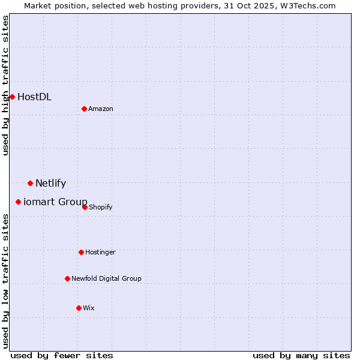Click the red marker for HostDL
pos(12,97)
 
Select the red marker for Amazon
pos(84,109)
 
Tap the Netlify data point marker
pos(30,183)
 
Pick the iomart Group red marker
pos(18,202)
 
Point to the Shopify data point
pos(85,207)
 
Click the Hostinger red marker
pos(81,252)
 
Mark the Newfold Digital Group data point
pos(67,278)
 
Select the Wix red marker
pos(79,308)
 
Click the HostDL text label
pos(34,97)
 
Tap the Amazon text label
pos(101,109)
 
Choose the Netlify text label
pos(50,183)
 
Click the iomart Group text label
pos(55,202)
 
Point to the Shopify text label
pos(101,207)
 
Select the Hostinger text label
pos(100,252)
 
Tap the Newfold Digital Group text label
pos(106,278)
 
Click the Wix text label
pos(89,308)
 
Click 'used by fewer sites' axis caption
pos(62,355)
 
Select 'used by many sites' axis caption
pos(301,355)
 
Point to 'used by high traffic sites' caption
pos(5,85)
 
